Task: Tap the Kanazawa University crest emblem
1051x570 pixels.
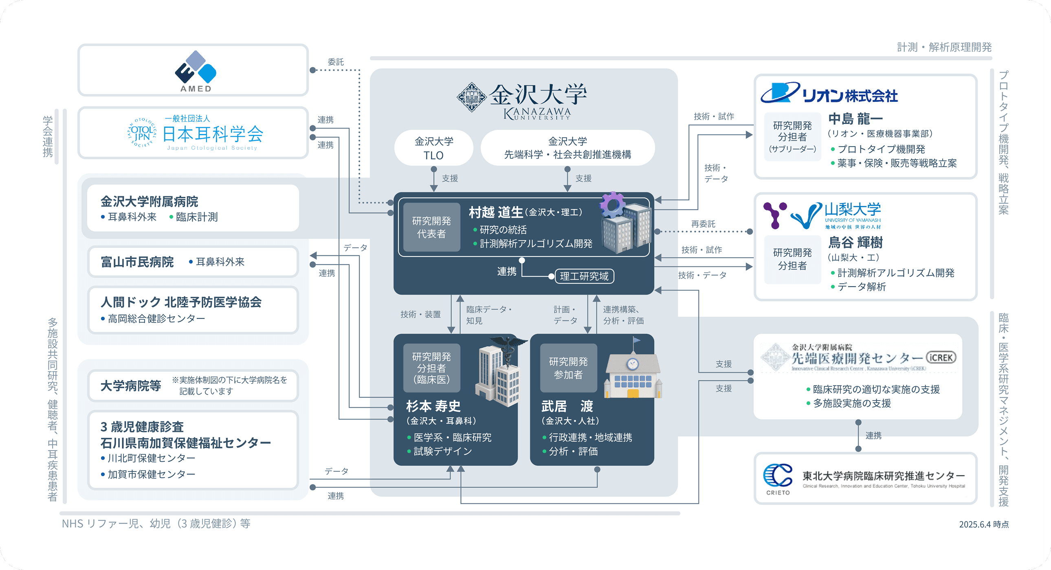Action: [x=471, y=97]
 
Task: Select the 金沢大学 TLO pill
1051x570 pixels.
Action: [x=433, y=148]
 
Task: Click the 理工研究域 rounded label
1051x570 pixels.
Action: [x=584, y=276]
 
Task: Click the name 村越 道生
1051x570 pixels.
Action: [x=495, y=212]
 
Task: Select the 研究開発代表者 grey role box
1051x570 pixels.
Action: [x=431, y=227]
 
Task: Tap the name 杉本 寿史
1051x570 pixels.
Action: [x=433, y=406]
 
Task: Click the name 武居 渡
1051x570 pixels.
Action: [x=567, y=406]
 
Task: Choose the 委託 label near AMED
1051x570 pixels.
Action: [x=335, y=62]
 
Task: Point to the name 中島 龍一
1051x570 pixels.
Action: [x=855, y=118]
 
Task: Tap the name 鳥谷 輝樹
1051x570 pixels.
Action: [x=855, y=243]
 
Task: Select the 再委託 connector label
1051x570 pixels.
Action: [x=703, y=224]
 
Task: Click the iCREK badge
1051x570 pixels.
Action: [x=941, y=357]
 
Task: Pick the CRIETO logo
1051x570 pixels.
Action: [x=778, y=479]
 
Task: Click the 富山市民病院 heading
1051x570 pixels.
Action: [x=137, y=262]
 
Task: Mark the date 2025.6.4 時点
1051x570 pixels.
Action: [x=983, y=524]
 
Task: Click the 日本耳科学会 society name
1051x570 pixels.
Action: [x=213, y=134]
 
